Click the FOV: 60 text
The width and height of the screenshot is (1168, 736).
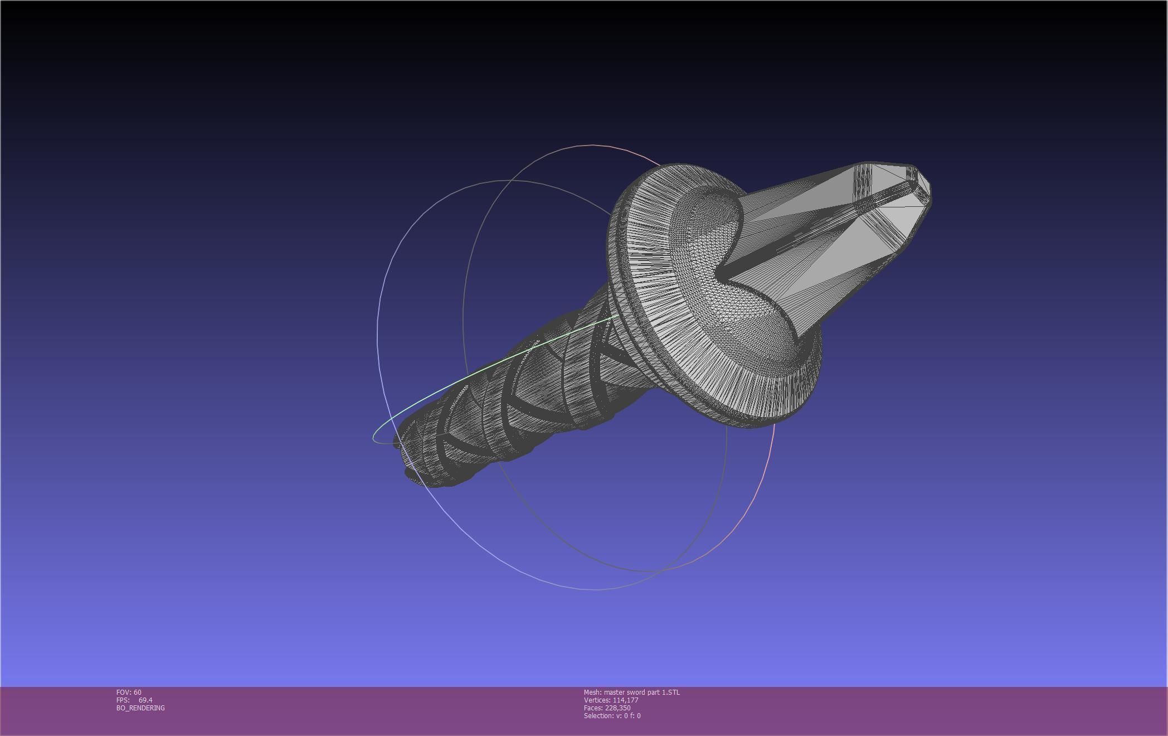tap(129, 692)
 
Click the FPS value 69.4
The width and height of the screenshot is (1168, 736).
tap(145, 700)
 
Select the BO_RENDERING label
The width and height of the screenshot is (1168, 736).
tap(140, 708)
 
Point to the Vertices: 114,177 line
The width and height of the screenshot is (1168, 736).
tap(611, 700)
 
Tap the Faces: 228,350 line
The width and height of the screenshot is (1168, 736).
tap(607, 708)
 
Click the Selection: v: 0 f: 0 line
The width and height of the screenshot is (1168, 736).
tap(612, 715)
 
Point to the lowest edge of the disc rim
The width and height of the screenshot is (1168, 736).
tap(752, 427)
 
